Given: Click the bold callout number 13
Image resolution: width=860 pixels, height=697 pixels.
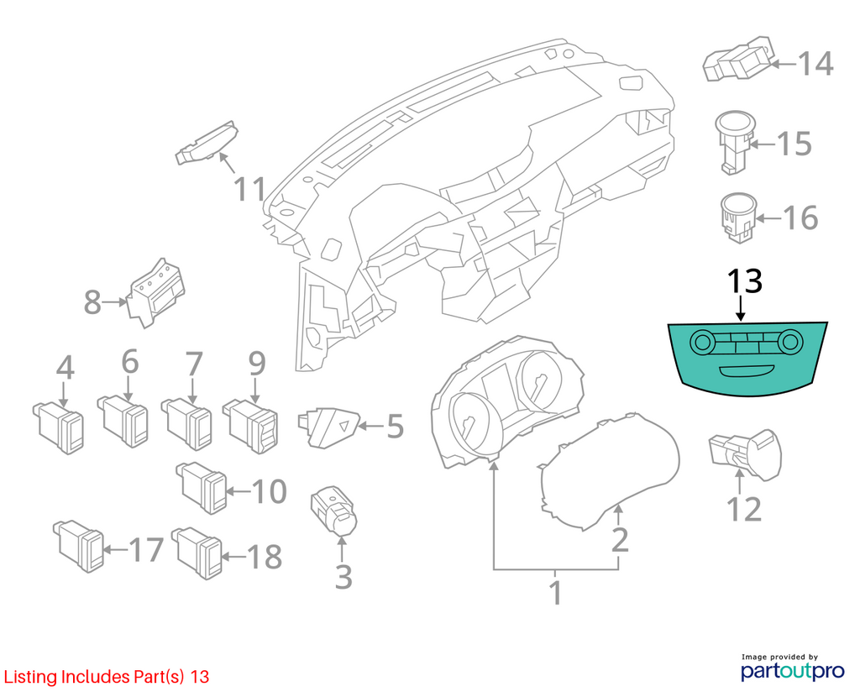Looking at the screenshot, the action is [x=744, y=281].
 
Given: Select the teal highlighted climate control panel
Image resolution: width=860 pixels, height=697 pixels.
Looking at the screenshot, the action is [x=747, y=357].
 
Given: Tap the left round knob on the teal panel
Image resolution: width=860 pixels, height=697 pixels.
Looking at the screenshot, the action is [x=701, y=342].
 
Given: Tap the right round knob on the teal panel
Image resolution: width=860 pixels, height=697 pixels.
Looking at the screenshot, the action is [x=789, y=343].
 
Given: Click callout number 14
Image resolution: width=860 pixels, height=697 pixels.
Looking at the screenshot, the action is [x=815, y=64].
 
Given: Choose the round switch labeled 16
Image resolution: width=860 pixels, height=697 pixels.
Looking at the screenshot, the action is [x=737, y=217].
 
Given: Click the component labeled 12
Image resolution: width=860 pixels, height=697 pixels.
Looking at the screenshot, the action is [x=746, y=454].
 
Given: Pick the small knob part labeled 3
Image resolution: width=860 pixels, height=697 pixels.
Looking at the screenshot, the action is [x=334, y=511].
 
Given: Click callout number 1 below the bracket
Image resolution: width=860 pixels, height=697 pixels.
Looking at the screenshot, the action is [x=556, y=594].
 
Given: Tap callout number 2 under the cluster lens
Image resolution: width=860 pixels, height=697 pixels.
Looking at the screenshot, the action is [x=619, y=540].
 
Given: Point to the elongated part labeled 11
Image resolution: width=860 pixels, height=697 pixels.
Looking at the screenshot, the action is [x=207, y=143].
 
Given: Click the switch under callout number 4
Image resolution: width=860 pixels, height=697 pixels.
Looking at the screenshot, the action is [x=59, y=427].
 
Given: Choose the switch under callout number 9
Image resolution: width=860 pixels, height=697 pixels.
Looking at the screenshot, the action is [x=250, y=427].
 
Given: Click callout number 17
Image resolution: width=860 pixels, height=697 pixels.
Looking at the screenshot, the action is [x=146, y=549].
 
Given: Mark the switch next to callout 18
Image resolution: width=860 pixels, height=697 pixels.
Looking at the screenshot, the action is [x=197, y=553].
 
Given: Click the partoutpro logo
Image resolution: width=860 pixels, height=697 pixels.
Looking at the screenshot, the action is [x=793, y=671].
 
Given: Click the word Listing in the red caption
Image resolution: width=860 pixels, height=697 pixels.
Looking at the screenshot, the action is [x=30, y=677].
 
